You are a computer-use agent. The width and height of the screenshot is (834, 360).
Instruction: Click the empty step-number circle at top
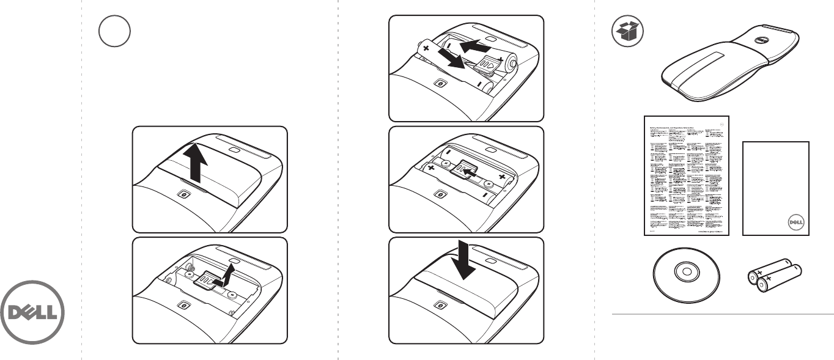tap(115, 30)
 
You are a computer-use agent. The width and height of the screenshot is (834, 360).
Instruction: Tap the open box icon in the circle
tap(627, 31)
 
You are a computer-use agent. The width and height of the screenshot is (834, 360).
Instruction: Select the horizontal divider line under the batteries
tap(723, 315)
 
